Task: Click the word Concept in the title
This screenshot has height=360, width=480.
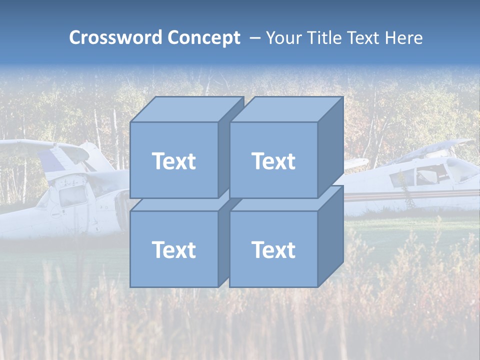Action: click(203, 38)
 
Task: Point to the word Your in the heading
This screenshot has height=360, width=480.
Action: click(282, 38)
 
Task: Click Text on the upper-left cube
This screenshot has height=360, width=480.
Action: click(173, 161)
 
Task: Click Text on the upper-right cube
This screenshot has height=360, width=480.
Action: click(273, 161)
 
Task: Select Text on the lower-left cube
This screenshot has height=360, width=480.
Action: click(173, 249)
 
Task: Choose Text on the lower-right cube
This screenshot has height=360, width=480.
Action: click(273, 249)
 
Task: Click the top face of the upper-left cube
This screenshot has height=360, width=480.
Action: click(186, 109)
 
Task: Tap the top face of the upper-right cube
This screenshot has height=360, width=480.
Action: click(286, 109)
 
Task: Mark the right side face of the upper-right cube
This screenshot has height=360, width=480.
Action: click(330, 147)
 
